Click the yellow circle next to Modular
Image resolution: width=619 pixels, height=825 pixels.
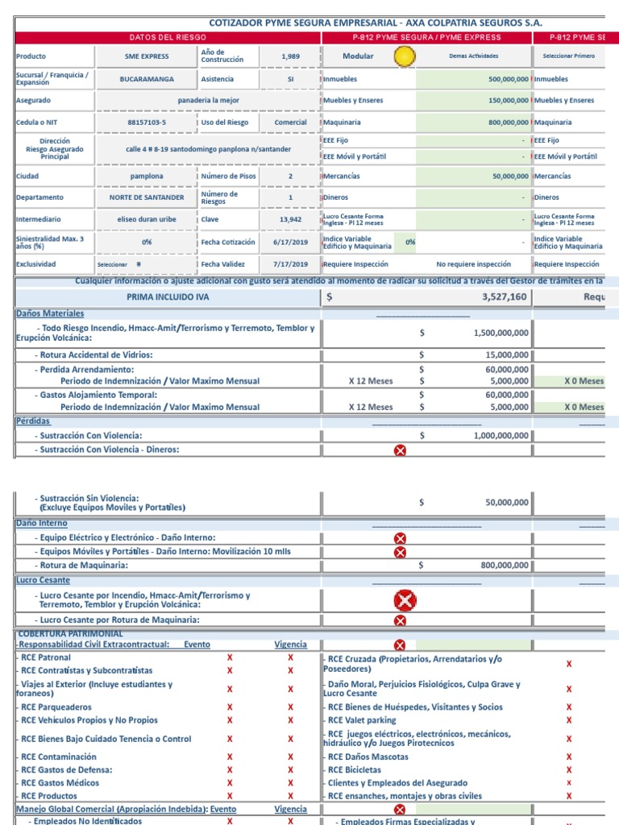click(x=404, y=56)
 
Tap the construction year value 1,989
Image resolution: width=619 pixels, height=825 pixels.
click(x=290, y=56)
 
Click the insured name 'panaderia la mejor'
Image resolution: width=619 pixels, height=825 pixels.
click(x=209, y=101)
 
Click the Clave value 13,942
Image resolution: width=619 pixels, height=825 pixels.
click(x=290, y=218)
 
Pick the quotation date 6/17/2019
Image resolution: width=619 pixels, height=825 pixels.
click(x=290, y=242)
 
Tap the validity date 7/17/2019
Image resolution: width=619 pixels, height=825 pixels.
click(x=290, y=263)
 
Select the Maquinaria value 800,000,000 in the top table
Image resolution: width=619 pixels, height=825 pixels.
click(x=497, y=122)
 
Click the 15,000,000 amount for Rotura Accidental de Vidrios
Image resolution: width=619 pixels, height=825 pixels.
click(x=505, y=354)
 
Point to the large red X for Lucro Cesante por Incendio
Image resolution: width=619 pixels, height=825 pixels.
click(x=404, y=600)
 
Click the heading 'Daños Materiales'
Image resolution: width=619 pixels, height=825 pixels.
click(x=49, y=313)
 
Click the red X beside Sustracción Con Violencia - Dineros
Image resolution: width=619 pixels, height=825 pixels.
click(x=400, y=450)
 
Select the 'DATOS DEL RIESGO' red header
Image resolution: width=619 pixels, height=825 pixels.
click(x=168, y=37)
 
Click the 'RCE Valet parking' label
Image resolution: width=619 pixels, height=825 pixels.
click(x=362, y=720)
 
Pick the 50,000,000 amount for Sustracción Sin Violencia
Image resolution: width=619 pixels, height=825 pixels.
click(x=505, y=503)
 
